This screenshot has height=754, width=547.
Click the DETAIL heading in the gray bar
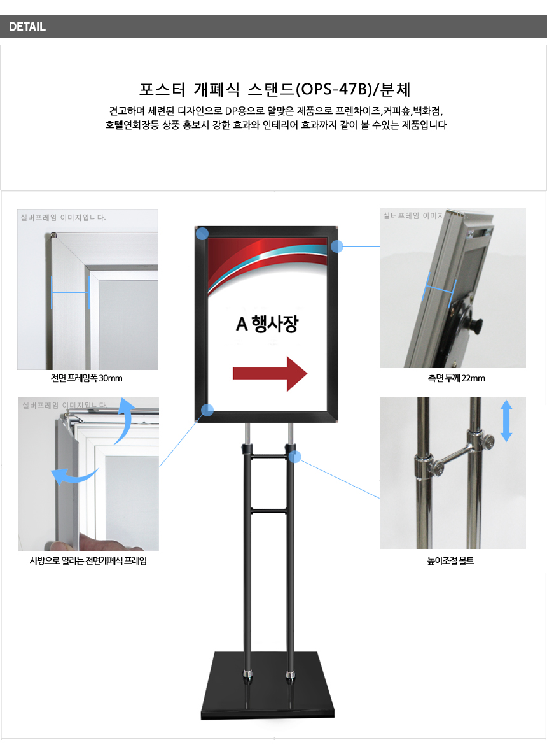click(x=27, y=27)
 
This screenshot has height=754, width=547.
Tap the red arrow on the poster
click(x=270, y=374)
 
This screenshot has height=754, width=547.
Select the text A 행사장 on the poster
click(x=267, y=324)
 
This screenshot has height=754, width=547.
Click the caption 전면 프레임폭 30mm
click(x=87, y=378)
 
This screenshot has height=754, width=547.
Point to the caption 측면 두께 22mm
click(x=456, y=378)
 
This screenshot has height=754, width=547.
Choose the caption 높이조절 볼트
click(x=450, y=560)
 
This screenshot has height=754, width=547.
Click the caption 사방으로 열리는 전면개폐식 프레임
click(x=88, y=560)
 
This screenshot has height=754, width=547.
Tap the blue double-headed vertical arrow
click(x=506, y=421)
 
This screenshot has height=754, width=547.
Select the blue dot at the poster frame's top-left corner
click(x=202, y=234)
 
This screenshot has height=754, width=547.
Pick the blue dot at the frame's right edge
click(x=337, y=246)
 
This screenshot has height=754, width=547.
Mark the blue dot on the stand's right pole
click(x=295, y=457)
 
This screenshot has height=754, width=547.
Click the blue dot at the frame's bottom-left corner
click(x=207, y=410)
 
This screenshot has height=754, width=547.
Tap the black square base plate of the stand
click(x=268, y=686)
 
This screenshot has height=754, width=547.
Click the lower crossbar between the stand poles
click(x=268, y=510)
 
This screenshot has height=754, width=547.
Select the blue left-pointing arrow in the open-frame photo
click(x=74, y=476)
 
